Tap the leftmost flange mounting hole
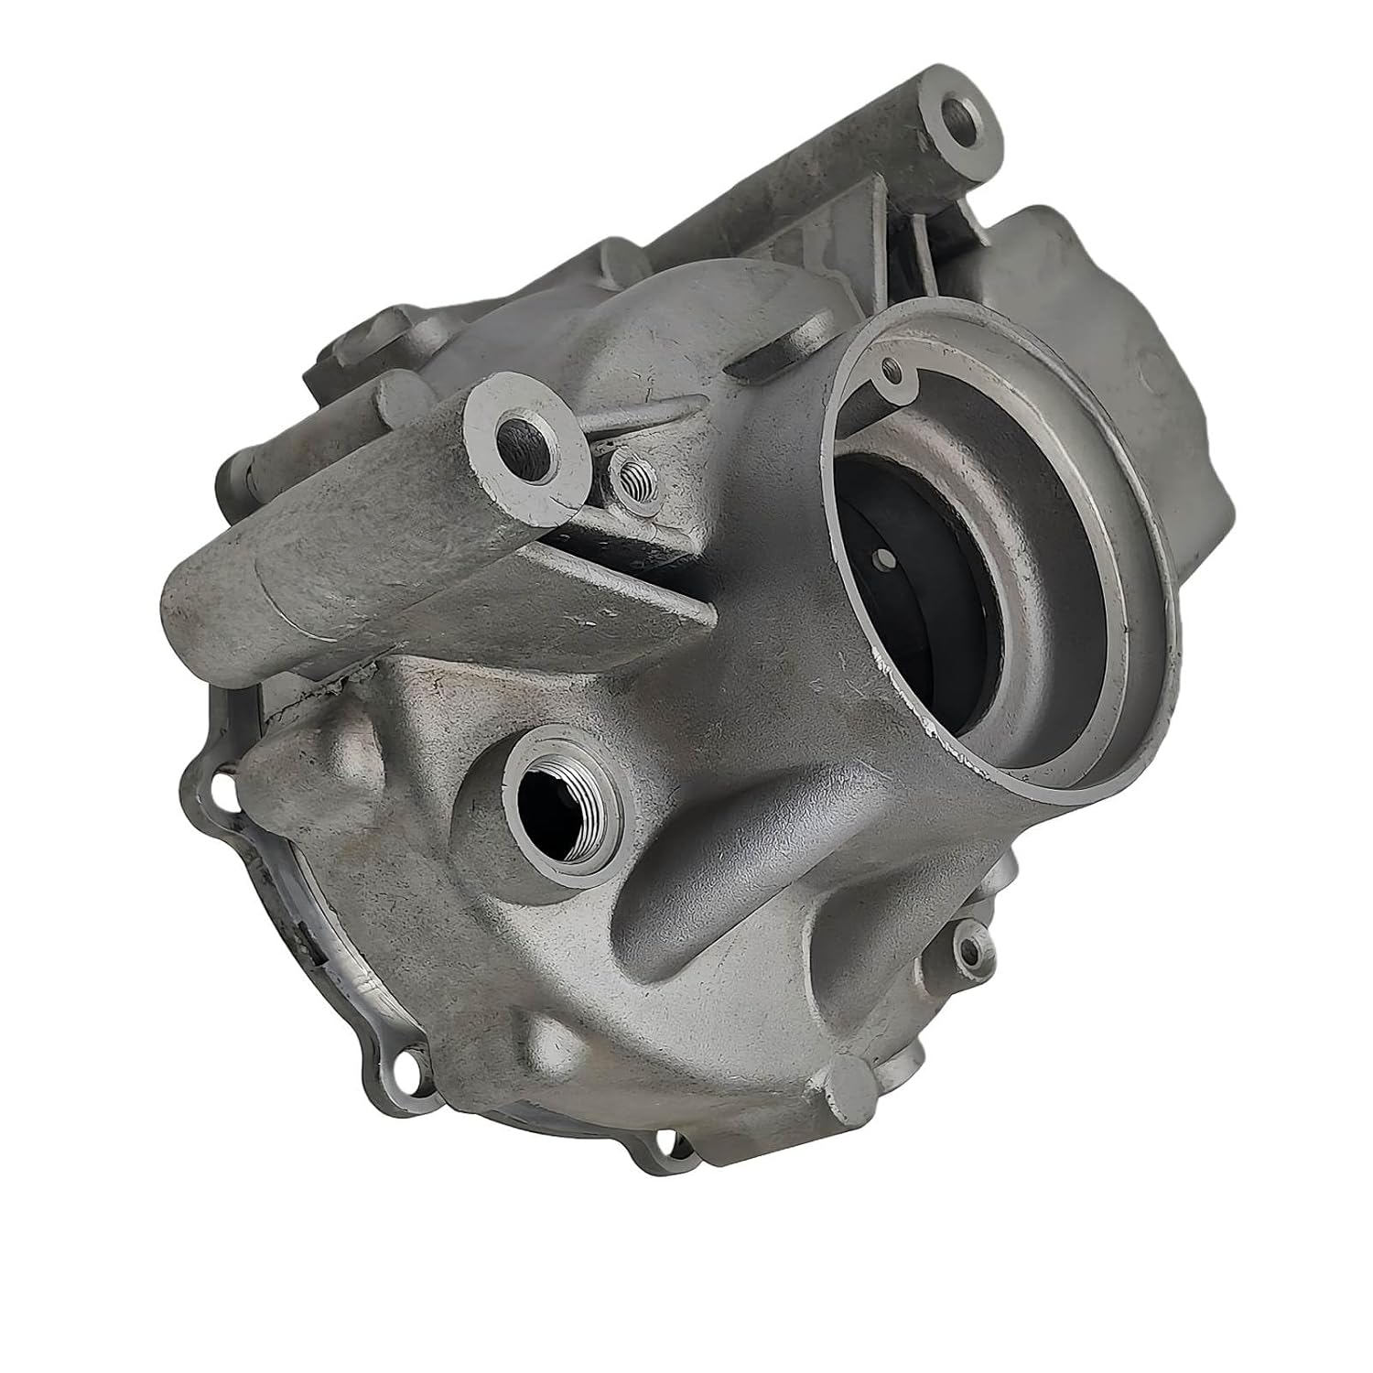[219, 785]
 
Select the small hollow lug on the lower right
[972, 952]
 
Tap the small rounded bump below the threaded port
[548, 1039]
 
